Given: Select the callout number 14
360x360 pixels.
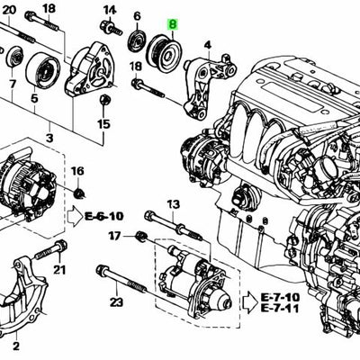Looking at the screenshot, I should (110, 11).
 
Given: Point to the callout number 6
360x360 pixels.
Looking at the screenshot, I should (137, 17).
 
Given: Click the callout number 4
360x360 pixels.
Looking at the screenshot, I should (208, 45).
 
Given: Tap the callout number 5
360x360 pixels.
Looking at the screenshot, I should (34, 99).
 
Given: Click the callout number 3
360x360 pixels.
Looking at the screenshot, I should (50, 138).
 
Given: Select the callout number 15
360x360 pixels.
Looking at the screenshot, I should (103, 123).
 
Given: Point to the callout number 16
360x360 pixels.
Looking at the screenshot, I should (77, 172).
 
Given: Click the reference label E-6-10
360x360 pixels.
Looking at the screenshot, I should (104, 217).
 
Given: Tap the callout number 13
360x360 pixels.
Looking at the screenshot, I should (173, 204).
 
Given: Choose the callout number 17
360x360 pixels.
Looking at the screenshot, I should (114, 236).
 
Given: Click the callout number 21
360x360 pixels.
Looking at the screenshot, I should (59, 269).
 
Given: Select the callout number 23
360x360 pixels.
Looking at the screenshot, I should (116, 302).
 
